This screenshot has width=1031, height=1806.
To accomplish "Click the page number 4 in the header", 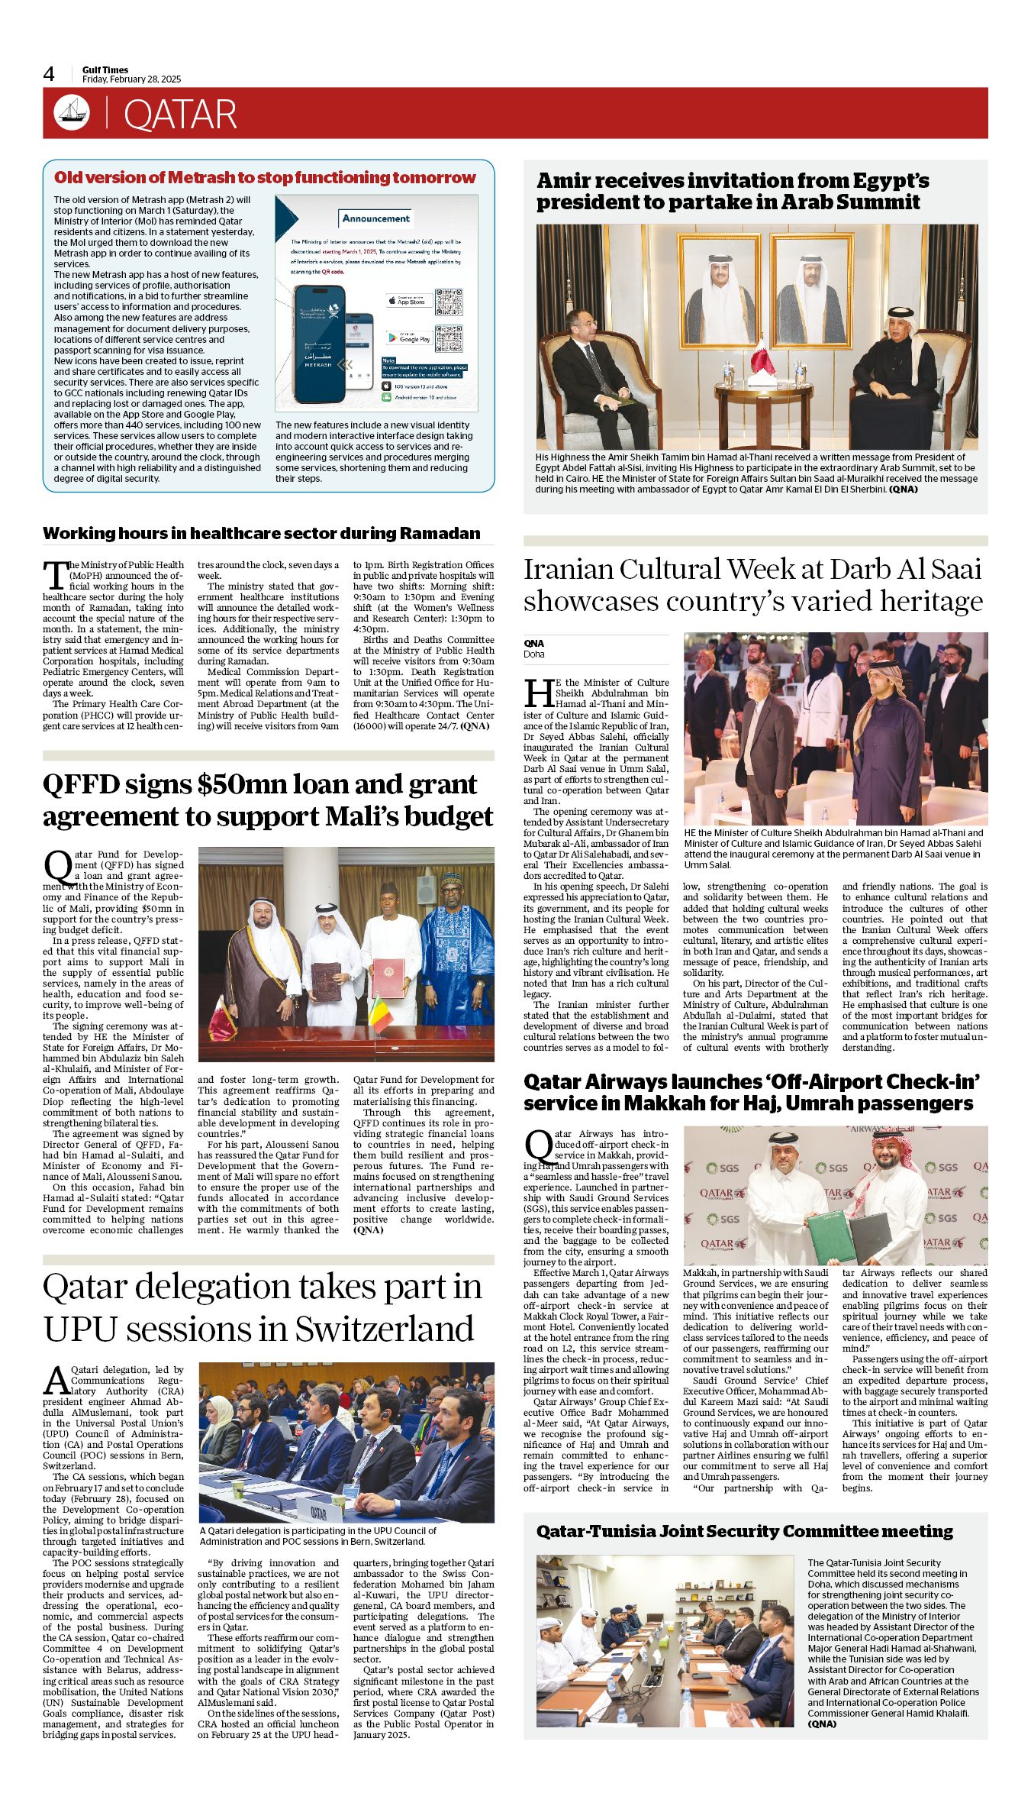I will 49,74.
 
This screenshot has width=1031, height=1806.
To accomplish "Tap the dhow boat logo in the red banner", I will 72,113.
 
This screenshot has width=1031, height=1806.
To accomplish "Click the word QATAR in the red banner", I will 180,115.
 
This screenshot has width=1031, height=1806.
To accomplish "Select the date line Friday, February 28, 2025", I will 131,79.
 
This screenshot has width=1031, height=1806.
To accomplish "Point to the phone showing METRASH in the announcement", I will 318,344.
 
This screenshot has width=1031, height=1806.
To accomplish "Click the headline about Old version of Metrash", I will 265,178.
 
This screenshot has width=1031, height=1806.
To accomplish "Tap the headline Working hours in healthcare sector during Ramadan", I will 262,533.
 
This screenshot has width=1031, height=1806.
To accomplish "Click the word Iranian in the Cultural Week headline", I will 569,570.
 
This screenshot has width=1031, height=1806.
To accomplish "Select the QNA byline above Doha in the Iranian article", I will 533,643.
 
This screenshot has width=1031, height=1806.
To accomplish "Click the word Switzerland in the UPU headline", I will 384,1329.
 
